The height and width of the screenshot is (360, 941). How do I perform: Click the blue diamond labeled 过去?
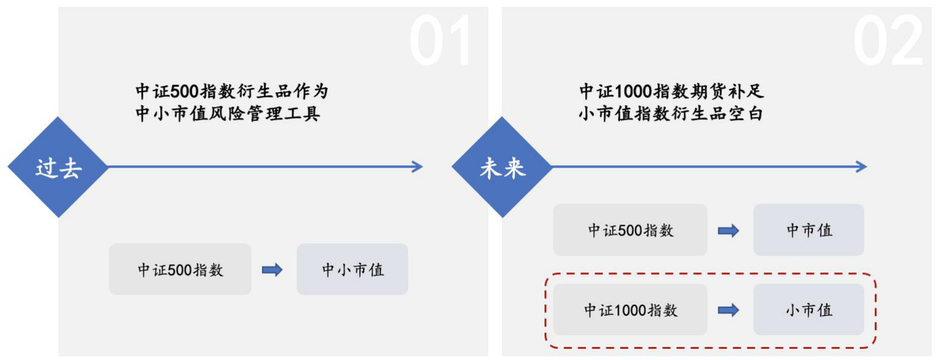click(x=58, y=167)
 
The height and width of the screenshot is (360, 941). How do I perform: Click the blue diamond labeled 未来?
click(x=502, y=167)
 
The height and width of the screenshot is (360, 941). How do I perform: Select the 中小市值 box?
click(x=352, y=270)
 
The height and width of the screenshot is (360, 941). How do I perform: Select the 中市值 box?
click(x=808, y=230)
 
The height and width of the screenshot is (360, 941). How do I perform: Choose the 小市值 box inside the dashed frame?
click(x=808, y=309)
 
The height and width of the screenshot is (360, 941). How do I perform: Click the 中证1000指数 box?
click(x=630, y=309)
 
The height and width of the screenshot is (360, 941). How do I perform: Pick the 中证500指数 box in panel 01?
click(x=180, y=270)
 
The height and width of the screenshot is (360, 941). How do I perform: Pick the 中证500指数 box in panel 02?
click(x=630, y=230)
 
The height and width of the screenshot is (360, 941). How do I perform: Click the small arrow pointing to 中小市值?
click(x=272, y=270)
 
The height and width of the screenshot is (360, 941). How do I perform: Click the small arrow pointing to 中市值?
click(x=728, y=231)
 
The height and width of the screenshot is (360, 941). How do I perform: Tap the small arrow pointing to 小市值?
click(x=728, y=310)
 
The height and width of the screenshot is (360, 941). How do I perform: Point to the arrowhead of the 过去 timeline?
click(x=418, y=166)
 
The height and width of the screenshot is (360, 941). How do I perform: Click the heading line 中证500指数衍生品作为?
click(x=231, y=92)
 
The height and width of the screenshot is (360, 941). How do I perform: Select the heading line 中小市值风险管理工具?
click(x=228, y=114)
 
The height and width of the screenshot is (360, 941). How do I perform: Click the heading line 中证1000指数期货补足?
click(x=672, y=92)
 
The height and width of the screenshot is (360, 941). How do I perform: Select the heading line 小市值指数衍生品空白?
click(x=671, y=114)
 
